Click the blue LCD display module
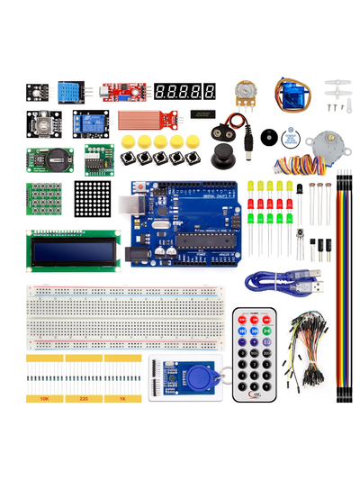[75, 251]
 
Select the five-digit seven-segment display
[185, 92]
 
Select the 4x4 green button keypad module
[43, 199]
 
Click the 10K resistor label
[44, 397]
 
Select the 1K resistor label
[122, 397]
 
